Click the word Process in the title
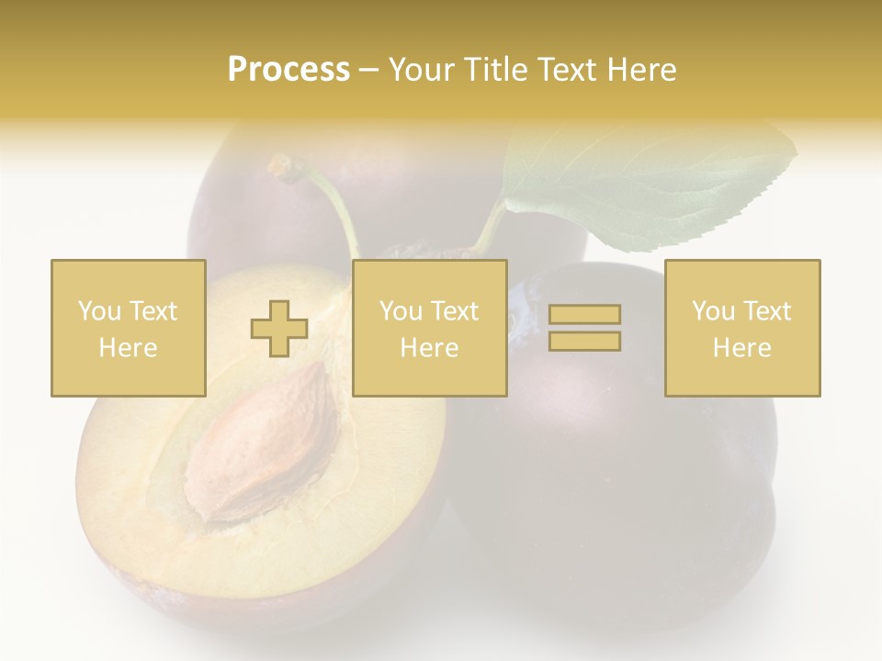288,70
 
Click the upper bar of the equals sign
584,315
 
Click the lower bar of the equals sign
584,341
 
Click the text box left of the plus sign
128,328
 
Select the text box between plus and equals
429,328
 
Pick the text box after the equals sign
741,328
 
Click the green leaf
643,184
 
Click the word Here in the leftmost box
128,348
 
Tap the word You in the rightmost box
713,311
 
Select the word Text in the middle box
455,311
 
